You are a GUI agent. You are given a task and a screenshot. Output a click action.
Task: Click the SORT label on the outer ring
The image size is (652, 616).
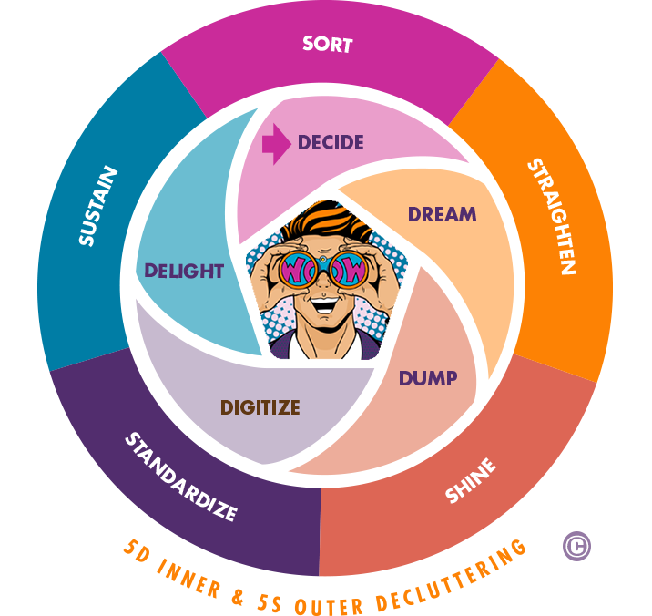(327, 44)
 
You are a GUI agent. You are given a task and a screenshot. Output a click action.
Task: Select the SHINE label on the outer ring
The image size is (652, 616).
(471, 481)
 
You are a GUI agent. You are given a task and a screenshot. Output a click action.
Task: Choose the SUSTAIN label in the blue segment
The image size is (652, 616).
(97, 206)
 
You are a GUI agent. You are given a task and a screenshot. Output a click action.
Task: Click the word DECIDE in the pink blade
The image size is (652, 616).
(330, 143)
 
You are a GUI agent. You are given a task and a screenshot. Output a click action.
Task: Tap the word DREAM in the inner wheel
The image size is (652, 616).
(442, 215)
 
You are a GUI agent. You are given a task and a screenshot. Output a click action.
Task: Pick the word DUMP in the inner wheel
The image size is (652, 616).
(427, 377)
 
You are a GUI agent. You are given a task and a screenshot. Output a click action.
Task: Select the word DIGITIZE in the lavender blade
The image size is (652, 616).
(260, 407)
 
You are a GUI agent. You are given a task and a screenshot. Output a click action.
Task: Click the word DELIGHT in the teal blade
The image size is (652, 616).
(183, 271)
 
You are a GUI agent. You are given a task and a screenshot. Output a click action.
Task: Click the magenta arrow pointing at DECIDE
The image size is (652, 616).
(276, 143)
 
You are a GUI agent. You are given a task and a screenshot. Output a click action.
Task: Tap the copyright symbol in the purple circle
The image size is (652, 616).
(576, 546)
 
